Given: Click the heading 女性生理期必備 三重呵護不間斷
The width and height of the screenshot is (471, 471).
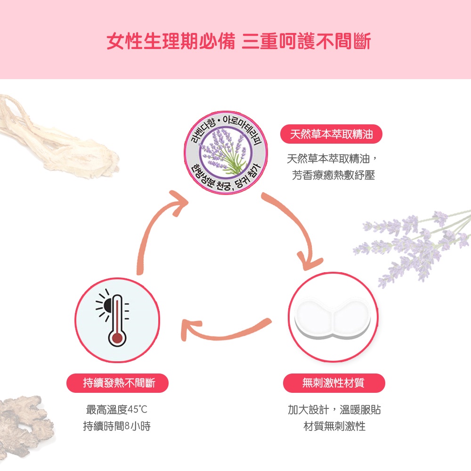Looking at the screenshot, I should point(238,41).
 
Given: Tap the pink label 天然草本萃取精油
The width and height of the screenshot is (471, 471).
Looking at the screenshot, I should point(331,135).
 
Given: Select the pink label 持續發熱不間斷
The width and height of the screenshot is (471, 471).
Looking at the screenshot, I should point(119,383).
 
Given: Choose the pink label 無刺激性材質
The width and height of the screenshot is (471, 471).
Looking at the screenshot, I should point(333,383).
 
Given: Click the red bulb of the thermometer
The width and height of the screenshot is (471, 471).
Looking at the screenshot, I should point(116,338).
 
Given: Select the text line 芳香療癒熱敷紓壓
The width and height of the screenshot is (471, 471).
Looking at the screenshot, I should point(333,176).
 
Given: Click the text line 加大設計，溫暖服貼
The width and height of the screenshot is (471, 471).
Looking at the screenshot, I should point(334,409).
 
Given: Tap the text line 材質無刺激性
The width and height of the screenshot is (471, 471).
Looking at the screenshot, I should point(334,427).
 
